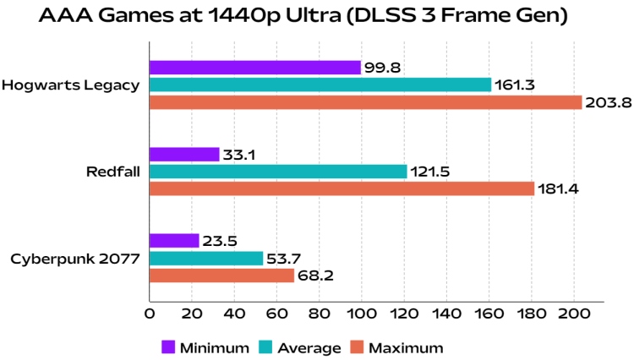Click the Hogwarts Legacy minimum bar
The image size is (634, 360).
[255, 68]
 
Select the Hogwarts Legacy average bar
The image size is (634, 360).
[320, 85]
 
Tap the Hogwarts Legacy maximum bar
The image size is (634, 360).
[365, 102]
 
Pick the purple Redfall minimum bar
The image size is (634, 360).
[184, 155]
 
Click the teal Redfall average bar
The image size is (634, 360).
[278, 172]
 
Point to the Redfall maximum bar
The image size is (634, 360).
[342, 188]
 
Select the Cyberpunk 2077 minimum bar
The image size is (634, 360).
[174, 241]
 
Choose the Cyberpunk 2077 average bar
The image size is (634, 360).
[206, 258]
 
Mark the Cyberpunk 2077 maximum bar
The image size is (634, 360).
[221, 275]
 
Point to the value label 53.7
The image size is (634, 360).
[285, 258]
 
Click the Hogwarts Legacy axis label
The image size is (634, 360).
[70, 85]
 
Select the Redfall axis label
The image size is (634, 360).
[112, 172]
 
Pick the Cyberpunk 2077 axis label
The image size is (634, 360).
[74, 258]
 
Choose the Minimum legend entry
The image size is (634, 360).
[205, 346]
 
